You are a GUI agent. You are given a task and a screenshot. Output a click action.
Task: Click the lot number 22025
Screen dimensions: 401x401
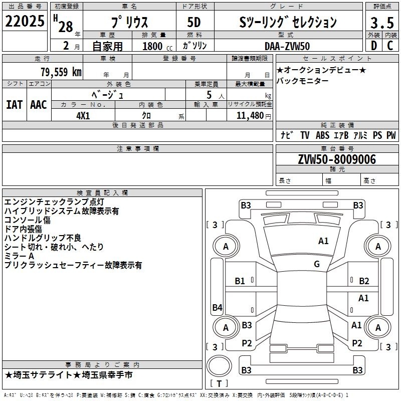click(25, 21)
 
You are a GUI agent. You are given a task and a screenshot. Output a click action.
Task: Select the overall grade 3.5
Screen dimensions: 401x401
click(382, 23)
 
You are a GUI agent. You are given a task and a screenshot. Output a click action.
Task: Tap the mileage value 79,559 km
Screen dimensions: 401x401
click(61, 72)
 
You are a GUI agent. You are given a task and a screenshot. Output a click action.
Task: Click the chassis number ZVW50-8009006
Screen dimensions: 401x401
click(337, 159)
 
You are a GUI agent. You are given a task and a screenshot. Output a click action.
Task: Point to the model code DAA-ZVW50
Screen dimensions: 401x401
click(287, 46)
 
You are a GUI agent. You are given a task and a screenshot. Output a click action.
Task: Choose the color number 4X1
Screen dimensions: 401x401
click(83, 116)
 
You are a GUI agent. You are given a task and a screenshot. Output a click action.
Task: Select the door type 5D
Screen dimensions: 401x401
click(194, 22)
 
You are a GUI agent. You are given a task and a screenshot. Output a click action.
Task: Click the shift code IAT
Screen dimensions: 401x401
click(15, 105)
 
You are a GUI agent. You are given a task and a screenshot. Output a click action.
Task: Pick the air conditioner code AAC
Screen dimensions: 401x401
click(39, 105)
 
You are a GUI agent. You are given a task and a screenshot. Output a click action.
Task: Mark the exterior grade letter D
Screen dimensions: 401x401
click(374, 46)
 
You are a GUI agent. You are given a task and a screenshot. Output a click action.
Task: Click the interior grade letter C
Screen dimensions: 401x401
click(390, 46)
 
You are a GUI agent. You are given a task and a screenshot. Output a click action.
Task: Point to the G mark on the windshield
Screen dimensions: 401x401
click(317, 264)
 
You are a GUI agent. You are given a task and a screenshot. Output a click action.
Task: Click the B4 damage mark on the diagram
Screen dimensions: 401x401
click(218, 307)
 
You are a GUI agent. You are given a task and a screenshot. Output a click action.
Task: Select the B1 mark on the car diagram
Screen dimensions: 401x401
click(240, 281)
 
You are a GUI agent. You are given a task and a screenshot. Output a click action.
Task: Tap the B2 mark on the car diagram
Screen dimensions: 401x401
click(364, 281)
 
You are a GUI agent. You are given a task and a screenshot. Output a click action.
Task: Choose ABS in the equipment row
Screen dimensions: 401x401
click(322, 135)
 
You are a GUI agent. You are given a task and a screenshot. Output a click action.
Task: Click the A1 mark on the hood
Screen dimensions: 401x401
click(323, 241)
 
